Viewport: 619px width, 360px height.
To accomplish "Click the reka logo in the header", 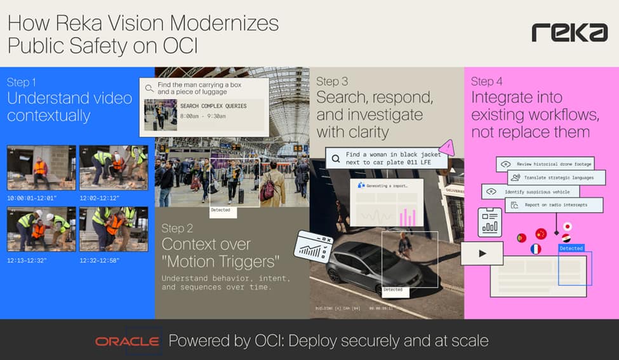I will coord(569,32).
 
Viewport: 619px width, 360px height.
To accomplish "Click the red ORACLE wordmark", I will coord(127,342).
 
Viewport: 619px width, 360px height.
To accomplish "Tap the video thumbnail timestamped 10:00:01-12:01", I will coord(41,168).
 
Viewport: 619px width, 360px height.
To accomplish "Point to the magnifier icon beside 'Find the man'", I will coord(149,89).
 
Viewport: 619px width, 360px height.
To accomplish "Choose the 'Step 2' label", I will coord(177,228).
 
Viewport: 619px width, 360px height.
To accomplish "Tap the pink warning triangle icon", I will coord(448,147).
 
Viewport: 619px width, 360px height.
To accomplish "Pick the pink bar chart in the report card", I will coord(407,218).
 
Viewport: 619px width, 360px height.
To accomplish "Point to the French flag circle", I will coord(535,249).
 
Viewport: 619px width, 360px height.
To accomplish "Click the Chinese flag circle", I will coord(541,234).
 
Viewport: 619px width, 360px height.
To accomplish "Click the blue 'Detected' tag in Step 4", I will coord(571,248).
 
